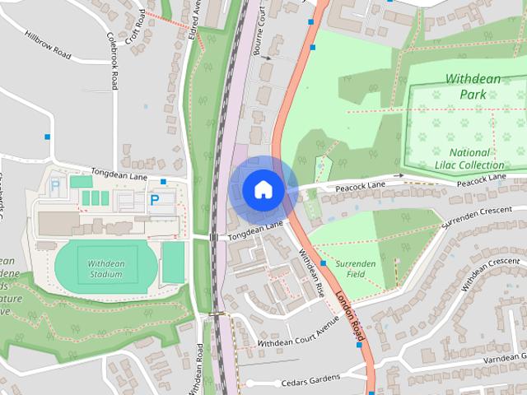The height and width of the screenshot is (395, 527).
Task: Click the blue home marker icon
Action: [262, 189]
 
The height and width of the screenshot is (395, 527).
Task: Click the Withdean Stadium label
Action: [105, 268]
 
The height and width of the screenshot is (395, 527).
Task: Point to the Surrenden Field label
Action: [356, 269]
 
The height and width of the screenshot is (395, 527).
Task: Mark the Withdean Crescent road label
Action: [491, 274]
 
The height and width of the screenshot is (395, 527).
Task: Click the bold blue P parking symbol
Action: [154, 199]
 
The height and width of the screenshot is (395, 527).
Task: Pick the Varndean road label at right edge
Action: [504, 360]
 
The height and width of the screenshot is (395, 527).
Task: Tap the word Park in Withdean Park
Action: [473, 94]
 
